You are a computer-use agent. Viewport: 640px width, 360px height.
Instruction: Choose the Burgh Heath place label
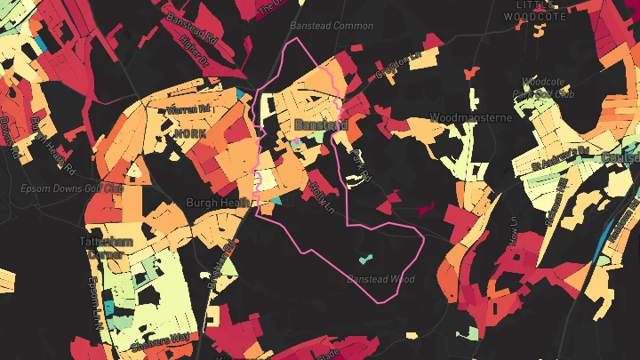click(x=216, y=203)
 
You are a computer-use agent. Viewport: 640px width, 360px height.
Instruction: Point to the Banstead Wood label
click(x=381, y=279)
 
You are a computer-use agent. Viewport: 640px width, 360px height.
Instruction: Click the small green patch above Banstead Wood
click(x=364, y=260)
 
